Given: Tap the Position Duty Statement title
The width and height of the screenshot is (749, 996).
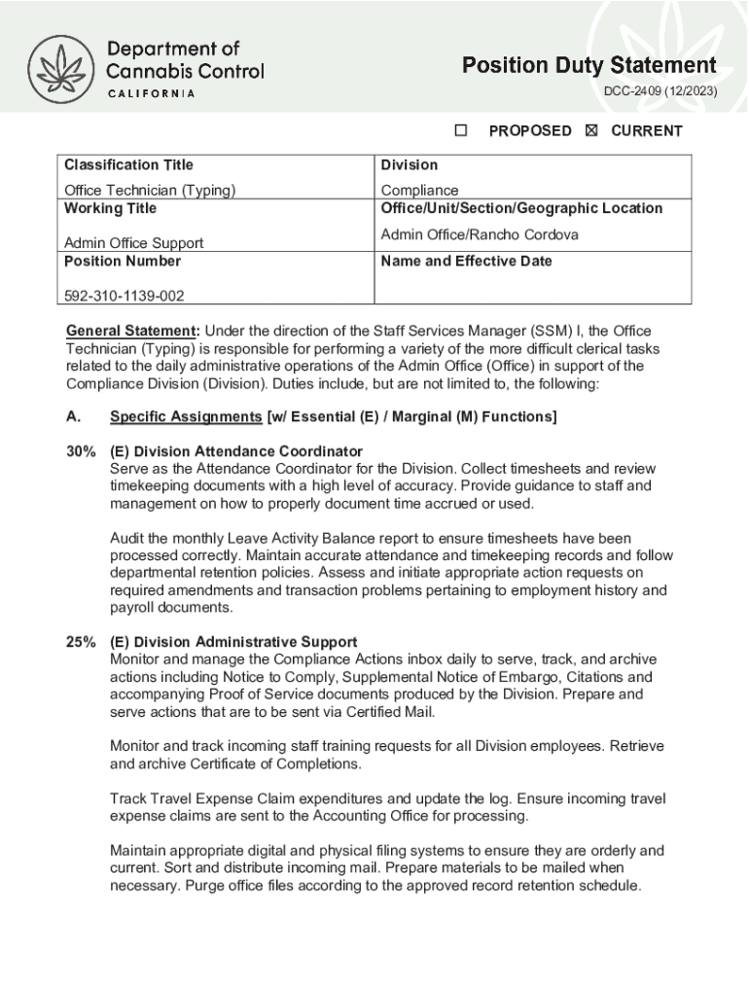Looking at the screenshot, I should (x=589, y=65).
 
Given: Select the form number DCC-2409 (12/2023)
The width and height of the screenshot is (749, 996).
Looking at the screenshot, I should (x=660, y=91).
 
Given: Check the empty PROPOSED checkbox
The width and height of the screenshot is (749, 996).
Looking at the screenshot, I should (x=461, y=130).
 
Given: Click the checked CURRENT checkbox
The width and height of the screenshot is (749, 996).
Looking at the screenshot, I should (x=591, y=130).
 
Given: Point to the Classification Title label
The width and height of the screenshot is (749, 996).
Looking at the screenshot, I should (x=128, y=164).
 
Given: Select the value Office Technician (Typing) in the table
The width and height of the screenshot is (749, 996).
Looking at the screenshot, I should (x=150, y=190).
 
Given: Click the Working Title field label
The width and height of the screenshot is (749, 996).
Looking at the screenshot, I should (x=110, y=208).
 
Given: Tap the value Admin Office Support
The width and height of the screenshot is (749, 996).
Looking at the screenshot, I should (x=133, y=243).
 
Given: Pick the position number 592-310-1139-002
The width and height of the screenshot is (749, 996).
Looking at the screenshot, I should (x=124, y=295).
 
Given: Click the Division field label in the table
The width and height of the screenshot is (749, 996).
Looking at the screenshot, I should (x=410, y=164).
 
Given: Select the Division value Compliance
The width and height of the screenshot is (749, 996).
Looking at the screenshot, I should (x=419, y=190).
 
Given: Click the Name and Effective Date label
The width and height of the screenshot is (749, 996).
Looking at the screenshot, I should (x=466, y=261).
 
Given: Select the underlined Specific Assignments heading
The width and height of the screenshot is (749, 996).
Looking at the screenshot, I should (x=186, y=417).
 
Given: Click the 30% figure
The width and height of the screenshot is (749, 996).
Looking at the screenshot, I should (x=80, y=451).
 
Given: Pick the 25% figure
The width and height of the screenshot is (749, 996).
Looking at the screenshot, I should (x=80, y=642).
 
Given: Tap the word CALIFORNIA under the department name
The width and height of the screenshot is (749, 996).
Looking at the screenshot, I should (x=151, y=93).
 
